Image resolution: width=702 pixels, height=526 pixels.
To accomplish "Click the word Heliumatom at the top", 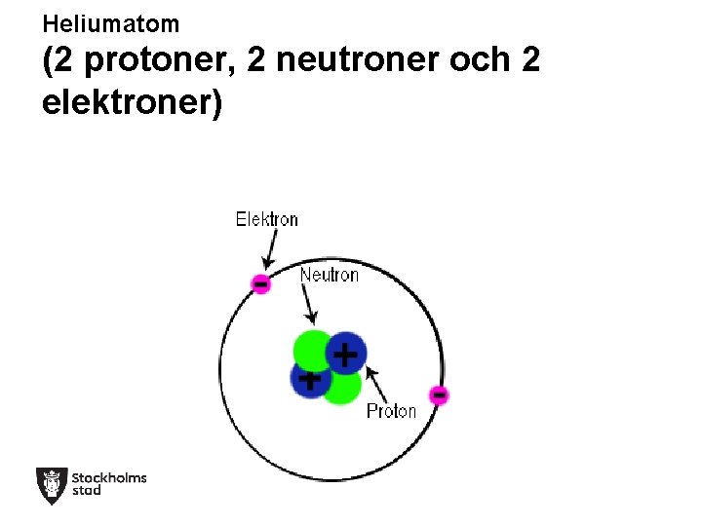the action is pyautogui.click(x=111, y=22).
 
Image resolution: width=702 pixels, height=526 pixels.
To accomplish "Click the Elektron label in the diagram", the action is pyautogui.click(x=267, y=219).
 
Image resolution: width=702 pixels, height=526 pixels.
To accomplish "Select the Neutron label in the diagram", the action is pyautogui.click(x=329, y=275).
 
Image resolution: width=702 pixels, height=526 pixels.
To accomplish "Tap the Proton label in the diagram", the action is pyautogui.click(x=391, y=411).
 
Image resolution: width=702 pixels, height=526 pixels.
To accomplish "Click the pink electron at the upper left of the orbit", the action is pyautogui.click(x=260, y=283).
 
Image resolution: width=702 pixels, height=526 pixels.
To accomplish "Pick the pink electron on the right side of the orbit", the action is pyautogui.click(x=439, y=394).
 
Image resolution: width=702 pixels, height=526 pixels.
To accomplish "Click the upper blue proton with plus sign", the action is pyautogui.click(x=345, y=354).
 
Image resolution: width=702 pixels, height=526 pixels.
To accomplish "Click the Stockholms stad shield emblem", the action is pyautogui.click(x=51, y=485).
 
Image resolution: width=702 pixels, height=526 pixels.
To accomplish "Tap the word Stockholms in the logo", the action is pyautogui.click(x=109, y=477).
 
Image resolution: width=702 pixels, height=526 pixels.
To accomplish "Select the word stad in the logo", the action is pyautogui.click(x=87, y=491).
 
